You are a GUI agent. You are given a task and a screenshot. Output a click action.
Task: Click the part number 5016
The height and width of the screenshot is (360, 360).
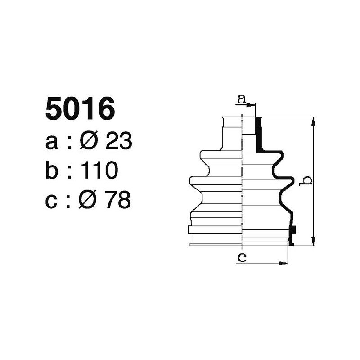pyautogui.click(x=80, y=109)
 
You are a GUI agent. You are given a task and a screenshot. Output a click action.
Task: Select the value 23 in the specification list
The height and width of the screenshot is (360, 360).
pyautogui.click(x=118, y=142)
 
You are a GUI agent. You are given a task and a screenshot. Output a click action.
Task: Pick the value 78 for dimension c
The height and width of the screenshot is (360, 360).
pyautogui.click(x=117, y=200)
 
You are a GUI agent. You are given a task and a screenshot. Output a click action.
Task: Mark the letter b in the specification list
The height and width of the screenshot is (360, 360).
pyautogui.click(x=52, y=171)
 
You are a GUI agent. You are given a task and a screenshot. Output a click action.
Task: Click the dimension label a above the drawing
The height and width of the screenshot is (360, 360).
pyautogui.click(x=242, y=99)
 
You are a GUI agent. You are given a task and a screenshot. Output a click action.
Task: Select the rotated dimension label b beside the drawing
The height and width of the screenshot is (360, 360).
pyautogui.click(x=306, y=180)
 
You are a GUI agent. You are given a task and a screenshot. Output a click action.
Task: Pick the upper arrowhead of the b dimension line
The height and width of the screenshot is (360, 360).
pyautogui.click(x=313, y=120)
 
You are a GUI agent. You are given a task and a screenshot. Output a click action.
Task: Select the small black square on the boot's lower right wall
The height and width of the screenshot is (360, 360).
pyautogui.click(x=292, y=229)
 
